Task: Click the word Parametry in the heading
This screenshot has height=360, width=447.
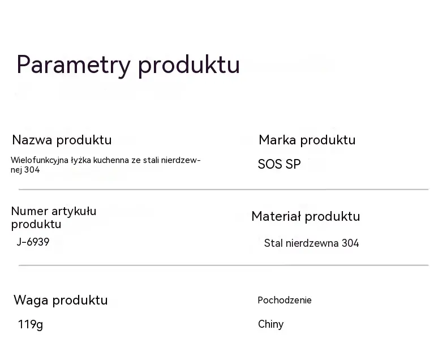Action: tap(74, 65)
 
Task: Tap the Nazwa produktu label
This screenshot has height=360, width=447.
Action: tap(62, 140)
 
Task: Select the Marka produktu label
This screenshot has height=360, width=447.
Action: tap(307, 140)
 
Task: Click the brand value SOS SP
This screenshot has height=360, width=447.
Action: tap(279, 164)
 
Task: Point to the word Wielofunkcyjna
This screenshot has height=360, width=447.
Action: tap(40, 161)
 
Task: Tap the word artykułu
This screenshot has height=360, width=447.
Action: tap(74, 211)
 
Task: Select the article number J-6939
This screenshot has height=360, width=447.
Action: tap(33, 242)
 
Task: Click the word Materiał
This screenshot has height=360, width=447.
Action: tap(276, 216)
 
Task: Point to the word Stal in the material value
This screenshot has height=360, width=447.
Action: tap(273, 243)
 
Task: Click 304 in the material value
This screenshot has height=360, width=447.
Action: tap(350, 243)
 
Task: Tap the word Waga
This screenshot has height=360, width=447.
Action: tap(31, 301)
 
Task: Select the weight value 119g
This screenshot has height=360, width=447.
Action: tap(31, 325)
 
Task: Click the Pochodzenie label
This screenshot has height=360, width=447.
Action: tap(285, 300)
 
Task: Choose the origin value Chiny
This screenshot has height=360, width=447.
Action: tap(271, 324)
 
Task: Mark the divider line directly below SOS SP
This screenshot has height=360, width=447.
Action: tap(223, 189)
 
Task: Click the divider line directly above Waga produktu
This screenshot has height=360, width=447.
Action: tap(223, 265)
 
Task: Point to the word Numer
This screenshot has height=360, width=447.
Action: tap(29, 211)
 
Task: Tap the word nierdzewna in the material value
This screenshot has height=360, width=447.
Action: tap(312, 243)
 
